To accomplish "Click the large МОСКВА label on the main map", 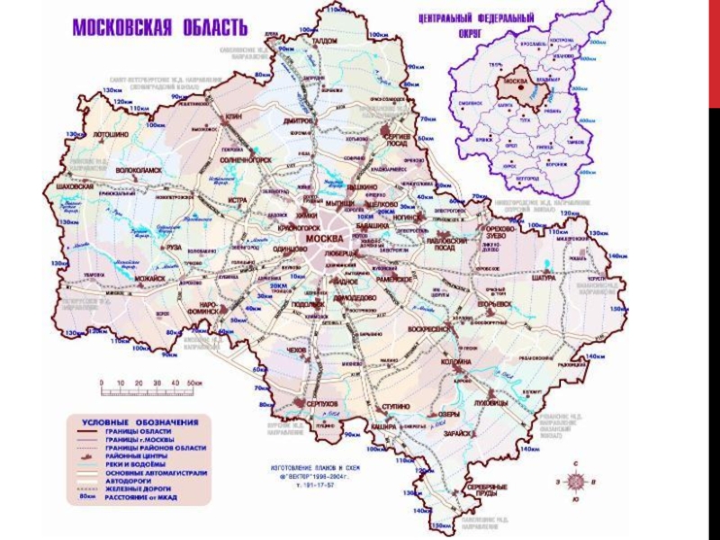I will [324, 238].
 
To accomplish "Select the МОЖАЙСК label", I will [150, 279].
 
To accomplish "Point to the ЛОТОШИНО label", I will [111, 133].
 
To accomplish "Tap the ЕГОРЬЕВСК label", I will [493, 304].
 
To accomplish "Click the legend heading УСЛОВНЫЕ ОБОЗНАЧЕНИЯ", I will [140, 421].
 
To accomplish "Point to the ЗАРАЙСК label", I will [457, 433].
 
